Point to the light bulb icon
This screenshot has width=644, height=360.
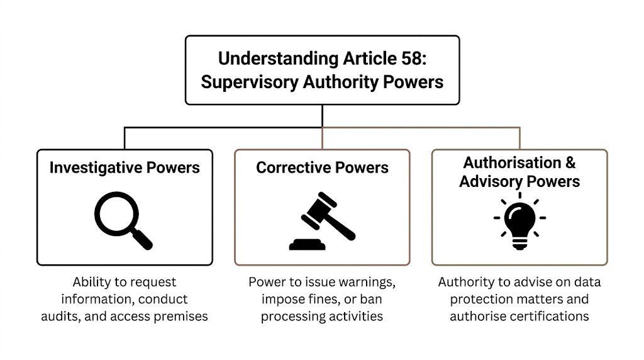519,220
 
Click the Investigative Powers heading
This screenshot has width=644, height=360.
125,167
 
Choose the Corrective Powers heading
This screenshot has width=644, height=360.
322,167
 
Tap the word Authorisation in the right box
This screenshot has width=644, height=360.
512,162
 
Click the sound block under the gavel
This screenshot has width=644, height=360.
308,244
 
